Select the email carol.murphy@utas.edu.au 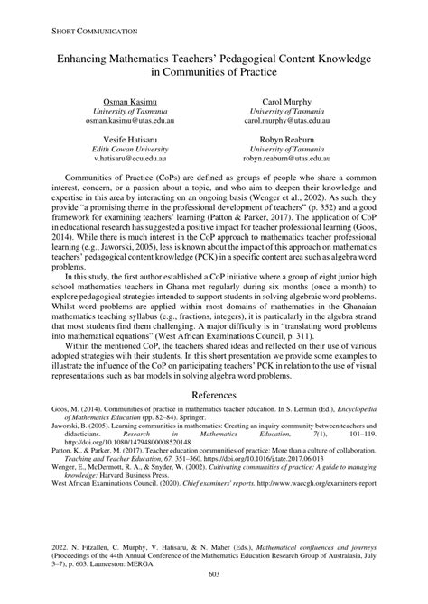coord(288,120)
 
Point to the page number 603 coord(214,574)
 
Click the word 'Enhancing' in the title coord(91,57)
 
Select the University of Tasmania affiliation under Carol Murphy coord(288,110)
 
